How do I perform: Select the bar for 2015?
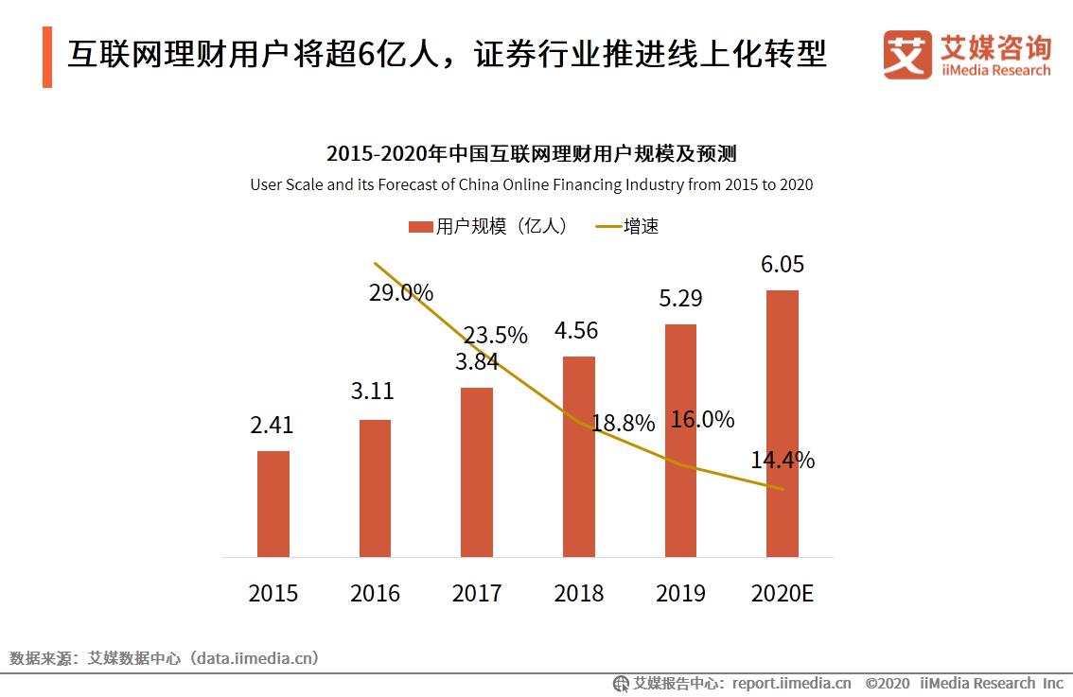tap(273, 503)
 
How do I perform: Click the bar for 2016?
tap(375, 488)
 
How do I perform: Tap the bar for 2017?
tap(477, 472)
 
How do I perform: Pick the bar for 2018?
tap(578, 456)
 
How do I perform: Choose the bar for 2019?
tap(680, 440)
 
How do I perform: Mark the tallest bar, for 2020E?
tap(782, 423)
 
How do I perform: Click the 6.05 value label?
tap(782, 265)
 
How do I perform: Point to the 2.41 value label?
tap(272, 426)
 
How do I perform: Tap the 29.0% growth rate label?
tap(401, 293)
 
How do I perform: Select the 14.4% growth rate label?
tap(783, 461)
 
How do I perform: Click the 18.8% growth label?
tap(623, 424)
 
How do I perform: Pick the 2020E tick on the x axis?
tap(782, 593)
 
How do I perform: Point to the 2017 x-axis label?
tap(477, 593)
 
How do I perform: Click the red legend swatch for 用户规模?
tap(420, 227)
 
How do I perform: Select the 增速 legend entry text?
tap(641, 227)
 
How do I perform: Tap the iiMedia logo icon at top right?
tap(906, 55)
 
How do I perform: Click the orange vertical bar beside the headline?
tap(47, 57)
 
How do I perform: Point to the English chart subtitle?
tap(531, 184)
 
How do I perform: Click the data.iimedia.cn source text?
tap(255, 657)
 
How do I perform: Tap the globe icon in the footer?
tap(621, 683)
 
